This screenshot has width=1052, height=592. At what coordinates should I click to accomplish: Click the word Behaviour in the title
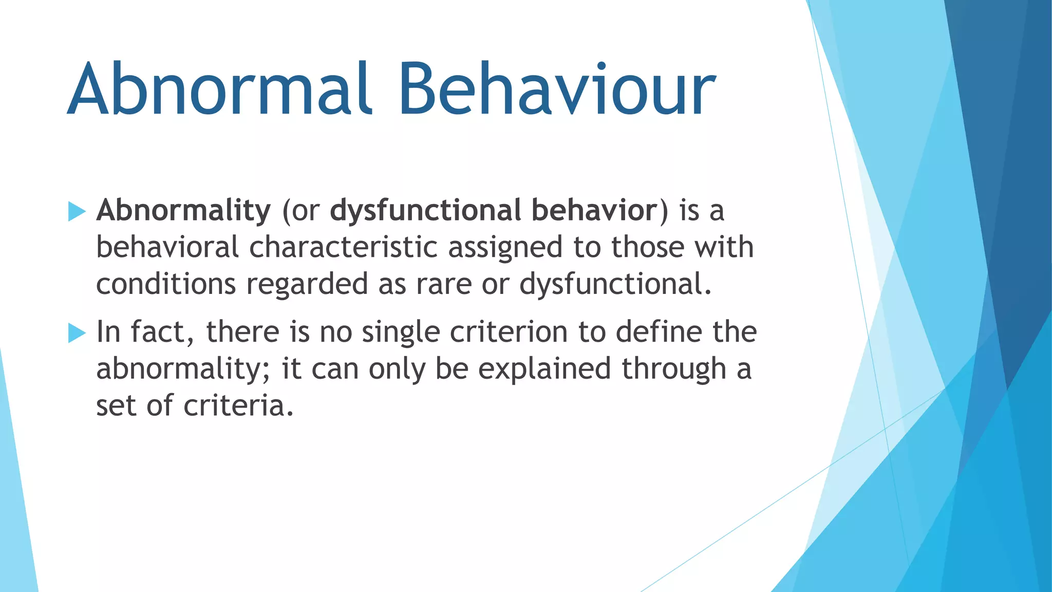tap(557, 90)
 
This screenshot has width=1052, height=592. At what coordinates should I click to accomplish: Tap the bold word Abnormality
tap(183, 211)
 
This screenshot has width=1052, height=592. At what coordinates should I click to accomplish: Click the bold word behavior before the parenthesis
tap(594, 211)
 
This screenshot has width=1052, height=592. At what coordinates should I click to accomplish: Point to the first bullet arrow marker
tap(77, 211)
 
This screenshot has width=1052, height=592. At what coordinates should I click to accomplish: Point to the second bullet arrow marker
tap(77, 333)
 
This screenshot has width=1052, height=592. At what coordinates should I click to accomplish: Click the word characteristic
tap(343, 247)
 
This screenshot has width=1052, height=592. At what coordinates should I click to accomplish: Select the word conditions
tap(165, 284)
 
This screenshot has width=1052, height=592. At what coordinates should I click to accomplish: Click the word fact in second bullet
tap(158, 332)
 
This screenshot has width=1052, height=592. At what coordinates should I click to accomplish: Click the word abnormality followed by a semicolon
tap(180, 369)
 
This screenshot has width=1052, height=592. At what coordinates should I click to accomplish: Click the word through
tap(673, 369)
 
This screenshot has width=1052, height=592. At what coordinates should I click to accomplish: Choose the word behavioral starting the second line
tap(167, 247)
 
